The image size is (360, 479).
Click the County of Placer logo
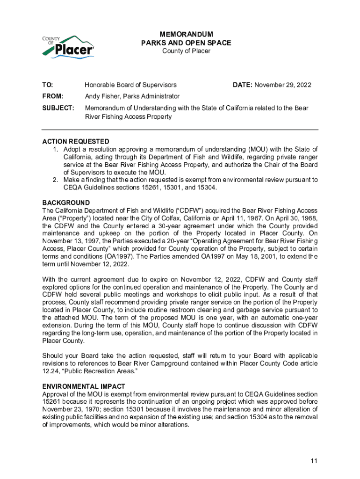coord(68,46)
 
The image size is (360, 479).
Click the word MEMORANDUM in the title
coord(186,35)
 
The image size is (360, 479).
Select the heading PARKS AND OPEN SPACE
coord(186,43)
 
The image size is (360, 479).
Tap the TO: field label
coord(48,85)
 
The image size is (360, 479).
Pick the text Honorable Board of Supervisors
coord(130,85)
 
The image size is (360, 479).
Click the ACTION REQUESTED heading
coord(76,141)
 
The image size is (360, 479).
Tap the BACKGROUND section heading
coord(66,203)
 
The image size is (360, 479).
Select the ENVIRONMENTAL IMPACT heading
coord(84,386)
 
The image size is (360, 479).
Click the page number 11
coord(314,461)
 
